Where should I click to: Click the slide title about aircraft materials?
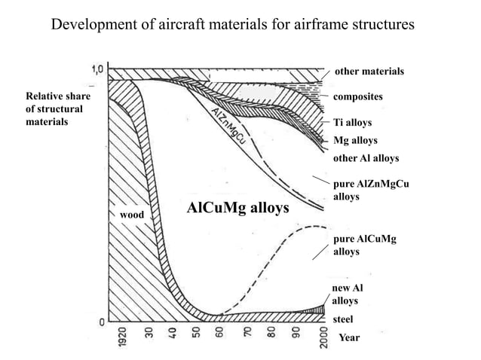[232, 24]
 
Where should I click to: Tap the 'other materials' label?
[369, 72]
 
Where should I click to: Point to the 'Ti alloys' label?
[352, 122]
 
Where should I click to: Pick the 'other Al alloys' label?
[366, 159]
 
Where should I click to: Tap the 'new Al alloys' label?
[348, 294]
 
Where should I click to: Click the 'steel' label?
[344, 320]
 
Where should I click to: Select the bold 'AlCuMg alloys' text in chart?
[237, 207]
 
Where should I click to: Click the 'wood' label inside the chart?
[131, 215]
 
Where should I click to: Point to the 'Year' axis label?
[349, 337]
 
